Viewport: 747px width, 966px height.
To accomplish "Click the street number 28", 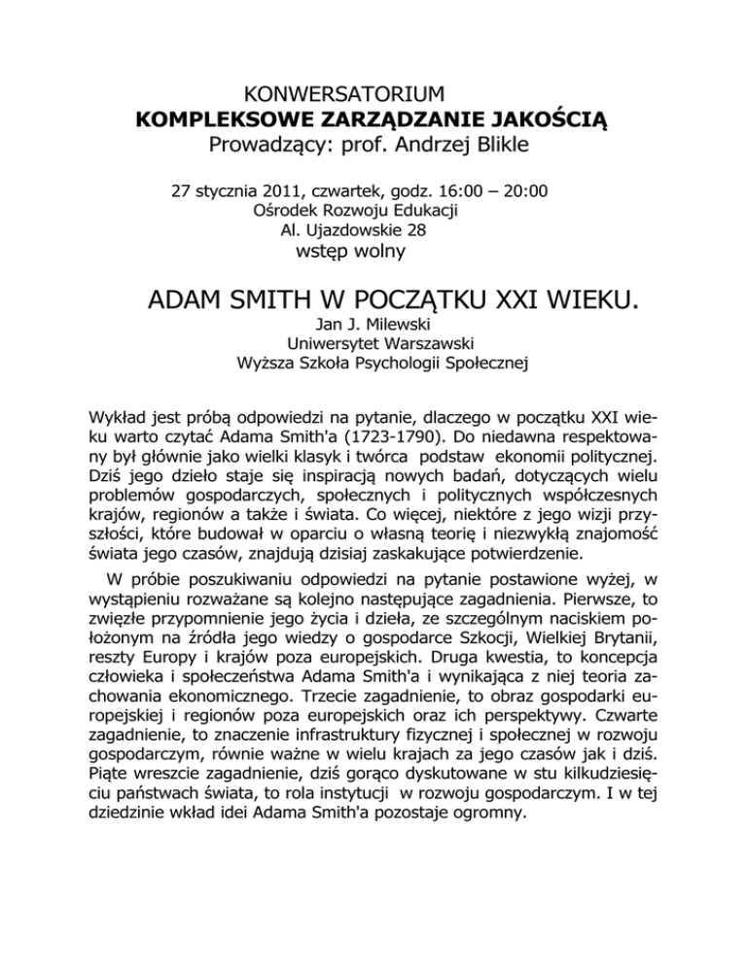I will pyautogui.click(x=445, y=230).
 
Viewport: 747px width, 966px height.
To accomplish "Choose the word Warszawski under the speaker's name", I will pyautogui.click(x=409, y=344).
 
